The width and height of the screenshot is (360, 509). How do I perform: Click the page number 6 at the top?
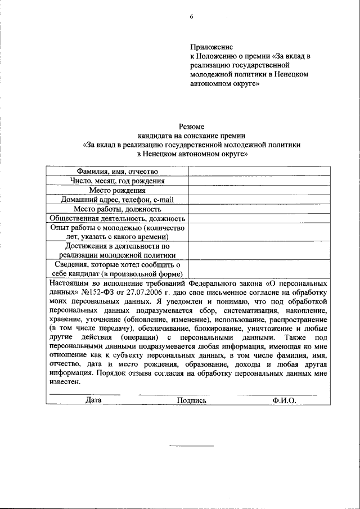(191, 16)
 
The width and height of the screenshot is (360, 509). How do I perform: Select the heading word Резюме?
(191, 127)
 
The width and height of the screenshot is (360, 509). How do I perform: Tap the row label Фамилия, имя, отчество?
(117, 171)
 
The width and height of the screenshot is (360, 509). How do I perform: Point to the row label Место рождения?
(117, 190)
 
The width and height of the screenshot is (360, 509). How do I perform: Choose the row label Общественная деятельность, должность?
(117, 218)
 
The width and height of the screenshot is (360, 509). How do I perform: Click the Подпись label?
(191, 400)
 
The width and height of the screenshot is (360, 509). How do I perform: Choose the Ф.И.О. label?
(284, 400)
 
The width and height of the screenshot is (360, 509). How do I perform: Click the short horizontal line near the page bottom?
(191, 446)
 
